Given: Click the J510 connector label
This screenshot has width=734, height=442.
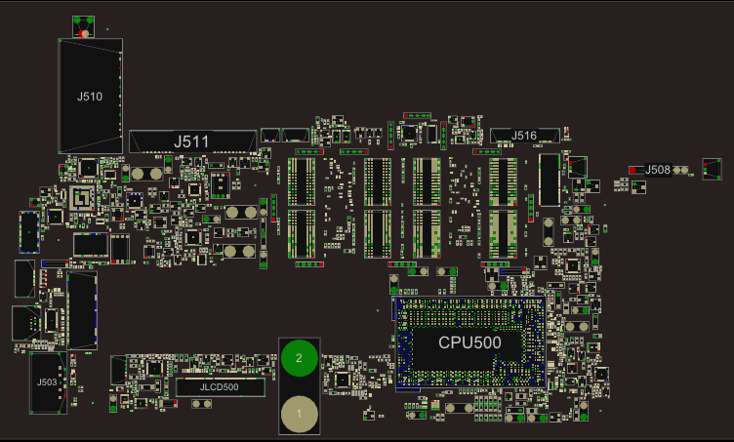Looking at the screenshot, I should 90,97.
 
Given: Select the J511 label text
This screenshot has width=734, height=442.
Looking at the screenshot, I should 191,141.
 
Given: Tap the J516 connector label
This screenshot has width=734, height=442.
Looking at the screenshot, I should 524,136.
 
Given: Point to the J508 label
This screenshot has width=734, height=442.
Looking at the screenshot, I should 659,170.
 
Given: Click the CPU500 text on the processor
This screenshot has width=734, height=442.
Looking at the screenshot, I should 469,342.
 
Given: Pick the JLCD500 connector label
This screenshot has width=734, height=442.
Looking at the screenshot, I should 219,387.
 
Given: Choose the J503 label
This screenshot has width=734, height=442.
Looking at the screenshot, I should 46,382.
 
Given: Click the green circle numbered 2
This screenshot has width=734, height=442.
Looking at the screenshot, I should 300,358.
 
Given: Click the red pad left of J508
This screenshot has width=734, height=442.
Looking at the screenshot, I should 633,170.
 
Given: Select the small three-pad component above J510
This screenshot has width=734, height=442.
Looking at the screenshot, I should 84,25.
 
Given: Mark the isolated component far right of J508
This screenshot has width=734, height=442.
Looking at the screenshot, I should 712,169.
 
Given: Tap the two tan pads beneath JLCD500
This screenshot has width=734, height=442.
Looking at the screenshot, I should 203,402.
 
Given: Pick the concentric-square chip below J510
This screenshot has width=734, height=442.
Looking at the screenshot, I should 83,199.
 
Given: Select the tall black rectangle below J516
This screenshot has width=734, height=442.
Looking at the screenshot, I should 550,180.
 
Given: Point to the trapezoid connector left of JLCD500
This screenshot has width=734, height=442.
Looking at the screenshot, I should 118,370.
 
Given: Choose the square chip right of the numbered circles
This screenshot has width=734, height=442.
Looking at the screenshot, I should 342,380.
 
